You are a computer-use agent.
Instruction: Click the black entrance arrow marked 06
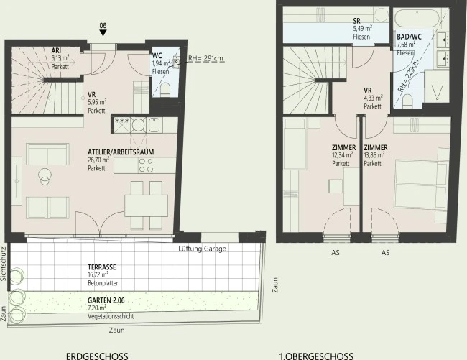(103, 33)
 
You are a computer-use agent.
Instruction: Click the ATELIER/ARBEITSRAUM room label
(121, 152)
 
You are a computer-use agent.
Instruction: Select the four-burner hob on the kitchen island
(146, 165)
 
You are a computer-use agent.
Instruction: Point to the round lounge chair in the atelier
(45, 176)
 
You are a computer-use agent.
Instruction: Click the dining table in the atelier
(147, 206)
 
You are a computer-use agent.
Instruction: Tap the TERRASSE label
(102, 267)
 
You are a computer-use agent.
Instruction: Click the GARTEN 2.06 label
(106, 300)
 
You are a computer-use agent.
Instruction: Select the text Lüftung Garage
(202, 249)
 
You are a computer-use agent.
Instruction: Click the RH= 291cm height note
(206, 58)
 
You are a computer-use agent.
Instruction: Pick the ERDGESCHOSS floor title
(97, 356)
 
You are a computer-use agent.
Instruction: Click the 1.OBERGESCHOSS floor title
(316, 356)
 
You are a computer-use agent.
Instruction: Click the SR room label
(356, 21)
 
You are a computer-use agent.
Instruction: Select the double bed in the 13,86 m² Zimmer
(421, 185)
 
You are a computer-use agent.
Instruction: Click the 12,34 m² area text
(343, 155)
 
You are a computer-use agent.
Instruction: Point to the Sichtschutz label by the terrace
(4, 264)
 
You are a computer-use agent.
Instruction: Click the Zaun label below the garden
(116, 331)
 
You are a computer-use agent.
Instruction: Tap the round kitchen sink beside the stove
(138, 125)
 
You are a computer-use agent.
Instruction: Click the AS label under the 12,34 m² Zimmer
(336, 253)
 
